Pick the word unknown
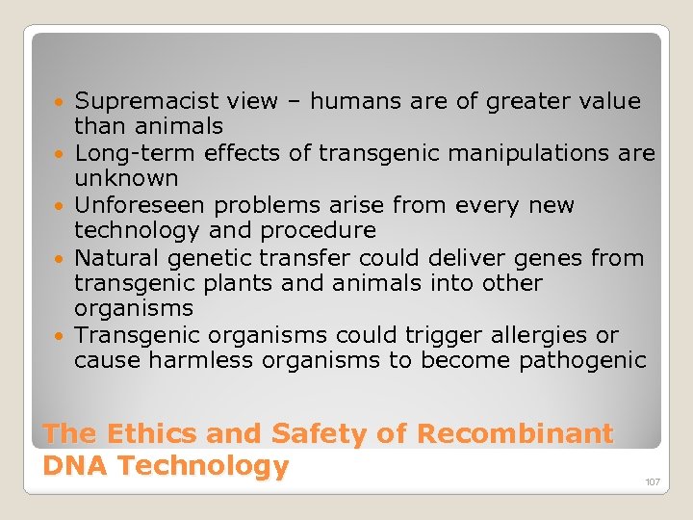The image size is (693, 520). [126, 178]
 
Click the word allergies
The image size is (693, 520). [537, 335]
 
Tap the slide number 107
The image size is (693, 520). [653, 481]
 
